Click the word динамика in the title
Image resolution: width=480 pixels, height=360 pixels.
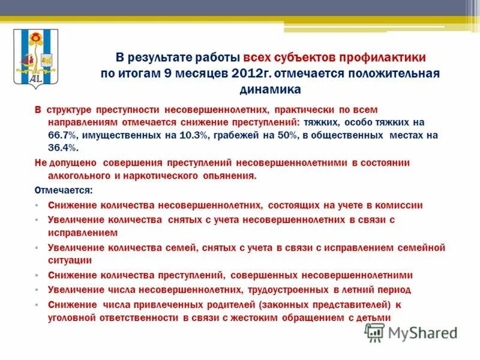click(270, 89)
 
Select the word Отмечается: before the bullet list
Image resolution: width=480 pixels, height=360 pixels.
click(64, 190)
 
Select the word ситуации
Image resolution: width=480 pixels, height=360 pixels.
click(70, 260)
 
